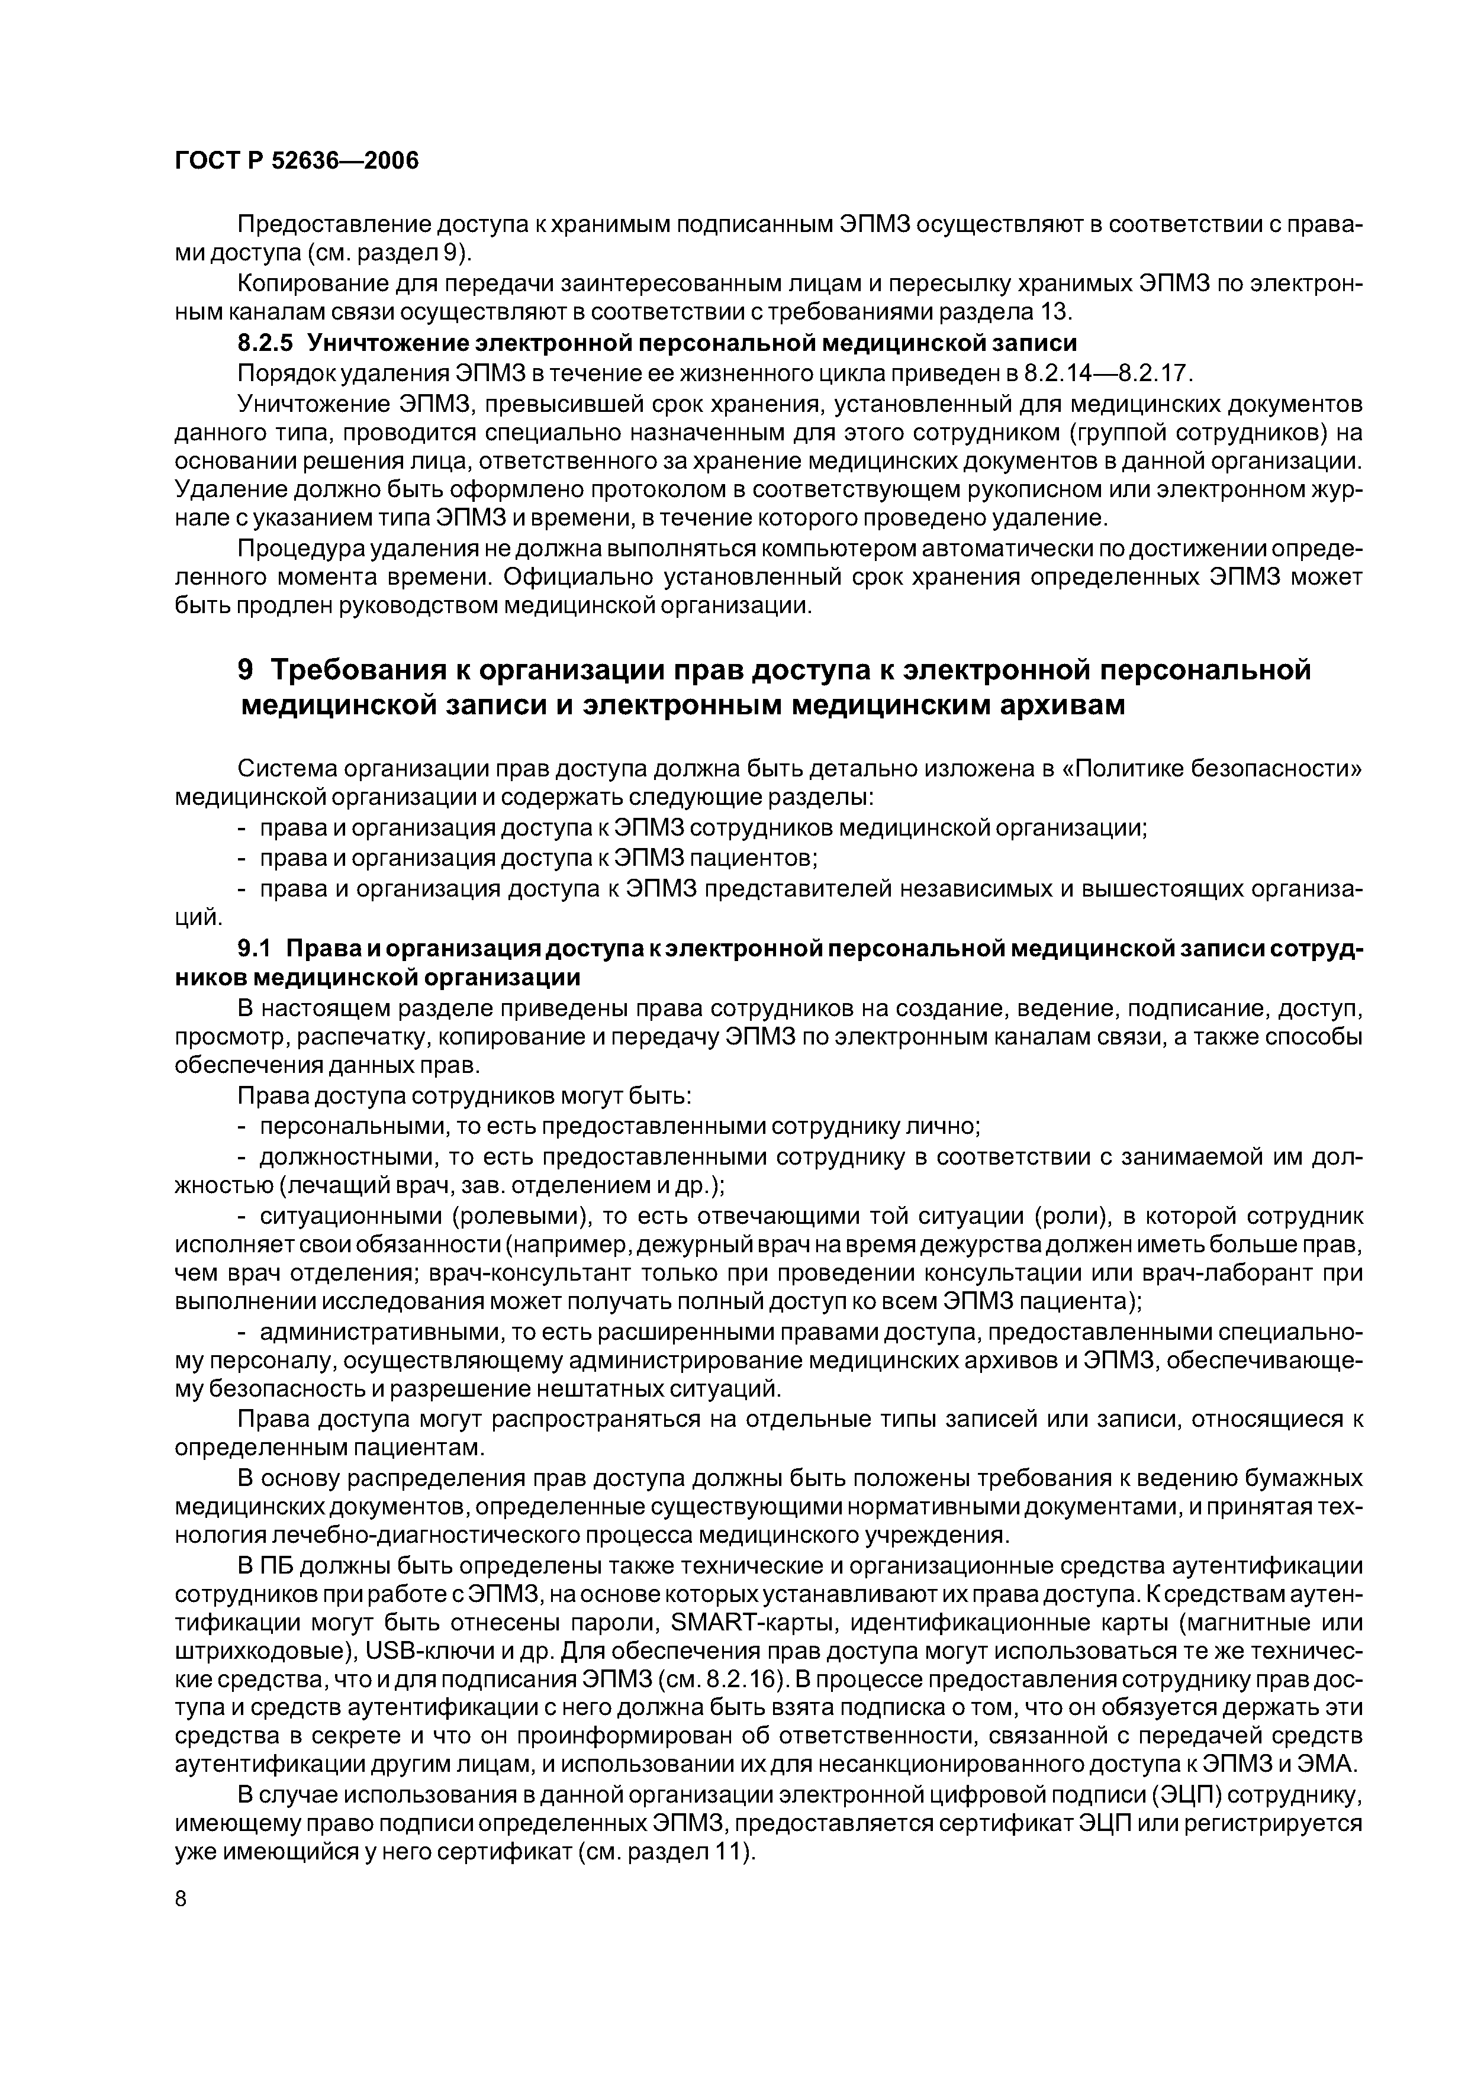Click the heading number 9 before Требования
[247, 670]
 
